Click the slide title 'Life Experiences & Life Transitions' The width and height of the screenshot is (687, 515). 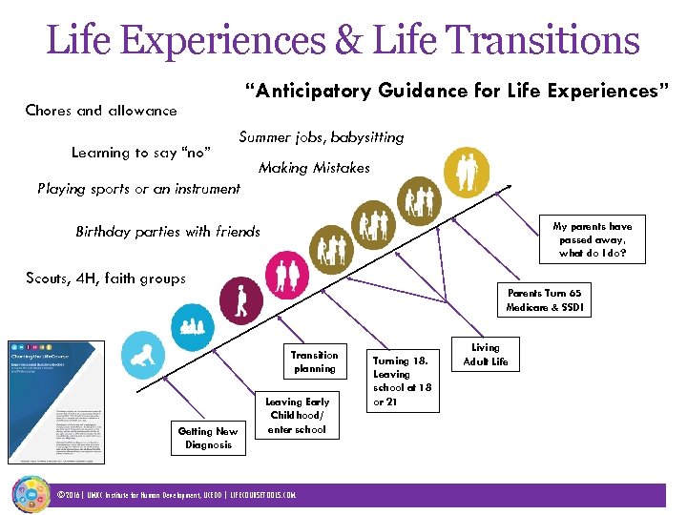pyautogui.click(x=343, y=40)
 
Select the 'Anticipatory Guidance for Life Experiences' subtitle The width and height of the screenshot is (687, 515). pyautogui.click(x=457, y=92)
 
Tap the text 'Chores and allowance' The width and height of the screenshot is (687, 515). pyautogui.click(x=101, y=111)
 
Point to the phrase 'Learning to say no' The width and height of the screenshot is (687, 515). pyautogui.click(x=141, y=153)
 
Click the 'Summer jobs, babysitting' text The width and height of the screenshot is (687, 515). pyautogui.click(x=322, y=137)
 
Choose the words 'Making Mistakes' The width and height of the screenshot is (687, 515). pyautogui.click(x=314, y=168)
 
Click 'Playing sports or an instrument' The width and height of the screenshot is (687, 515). pyautogui.click(x=138, y=189)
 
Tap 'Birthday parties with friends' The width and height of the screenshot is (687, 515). pyautogui.click(x=168, y=232)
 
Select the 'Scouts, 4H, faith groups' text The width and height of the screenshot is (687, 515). pyautogui.click(x=106, y=278)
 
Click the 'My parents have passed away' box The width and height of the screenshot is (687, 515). pyautogui.click(x=593, y=239)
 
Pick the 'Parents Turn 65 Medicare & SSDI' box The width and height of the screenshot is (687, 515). pyautogui.click(x=545, y=300)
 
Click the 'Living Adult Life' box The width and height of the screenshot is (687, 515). pyautogui.click(x=485, y=355)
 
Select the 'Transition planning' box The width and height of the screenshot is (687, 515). pyautogui.click(x=314, y=361)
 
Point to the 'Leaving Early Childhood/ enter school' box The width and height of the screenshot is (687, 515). pyautogui.click(x=297, y=416)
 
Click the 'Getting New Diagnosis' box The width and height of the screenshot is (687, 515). pyautogui.click(x=208, y=438)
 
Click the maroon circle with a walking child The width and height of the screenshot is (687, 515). pyautogui.click(x=240, y=300)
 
